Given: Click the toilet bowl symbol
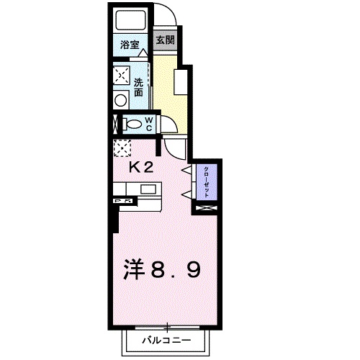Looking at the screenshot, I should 132,123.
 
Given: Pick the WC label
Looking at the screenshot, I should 148,123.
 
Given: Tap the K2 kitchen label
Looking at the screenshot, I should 141,168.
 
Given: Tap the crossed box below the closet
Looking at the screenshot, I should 206,208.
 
